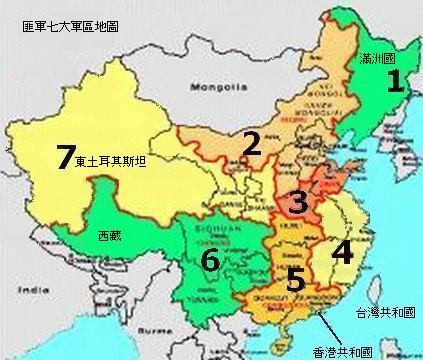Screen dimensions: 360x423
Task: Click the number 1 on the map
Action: [x=396, y=82]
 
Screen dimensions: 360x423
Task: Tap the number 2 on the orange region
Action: [x=252, y=145]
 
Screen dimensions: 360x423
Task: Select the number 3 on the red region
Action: [x=296, y=203]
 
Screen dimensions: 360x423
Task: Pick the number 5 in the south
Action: [x=295, y=279]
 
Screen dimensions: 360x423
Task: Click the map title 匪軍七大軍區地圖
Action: [x=71, y=23]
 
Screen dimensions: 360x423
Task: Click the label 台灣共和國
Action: [x=389, y=313]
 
